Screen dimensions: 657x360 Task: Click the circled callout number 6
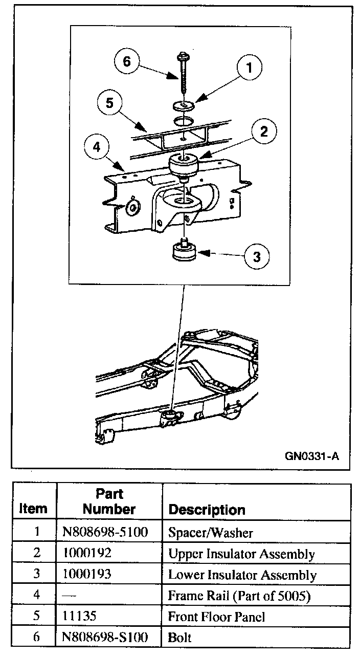(x=127, y=61)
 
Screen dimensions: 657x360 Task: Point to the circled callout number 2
(x=263, y=132)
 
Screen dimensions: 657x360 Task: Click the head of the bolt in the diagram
(x=183, y=55)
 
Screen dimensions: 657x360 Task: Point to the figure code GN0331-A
(x=312, y=455)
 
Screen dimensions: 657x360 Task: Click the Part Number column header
(x=109, y=501)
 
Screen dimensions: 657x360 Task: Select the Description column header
(x=207, y=510)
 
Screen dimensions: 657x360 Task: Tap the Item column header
(x=33, y=509)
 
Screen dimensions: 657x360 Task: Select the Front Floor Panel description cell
(x=217, y=617)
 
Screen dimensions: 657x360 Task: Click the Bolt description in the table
(x=179, y=638)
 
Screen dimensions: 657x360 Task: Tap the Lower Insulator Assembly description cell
(x=242, y=575)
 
